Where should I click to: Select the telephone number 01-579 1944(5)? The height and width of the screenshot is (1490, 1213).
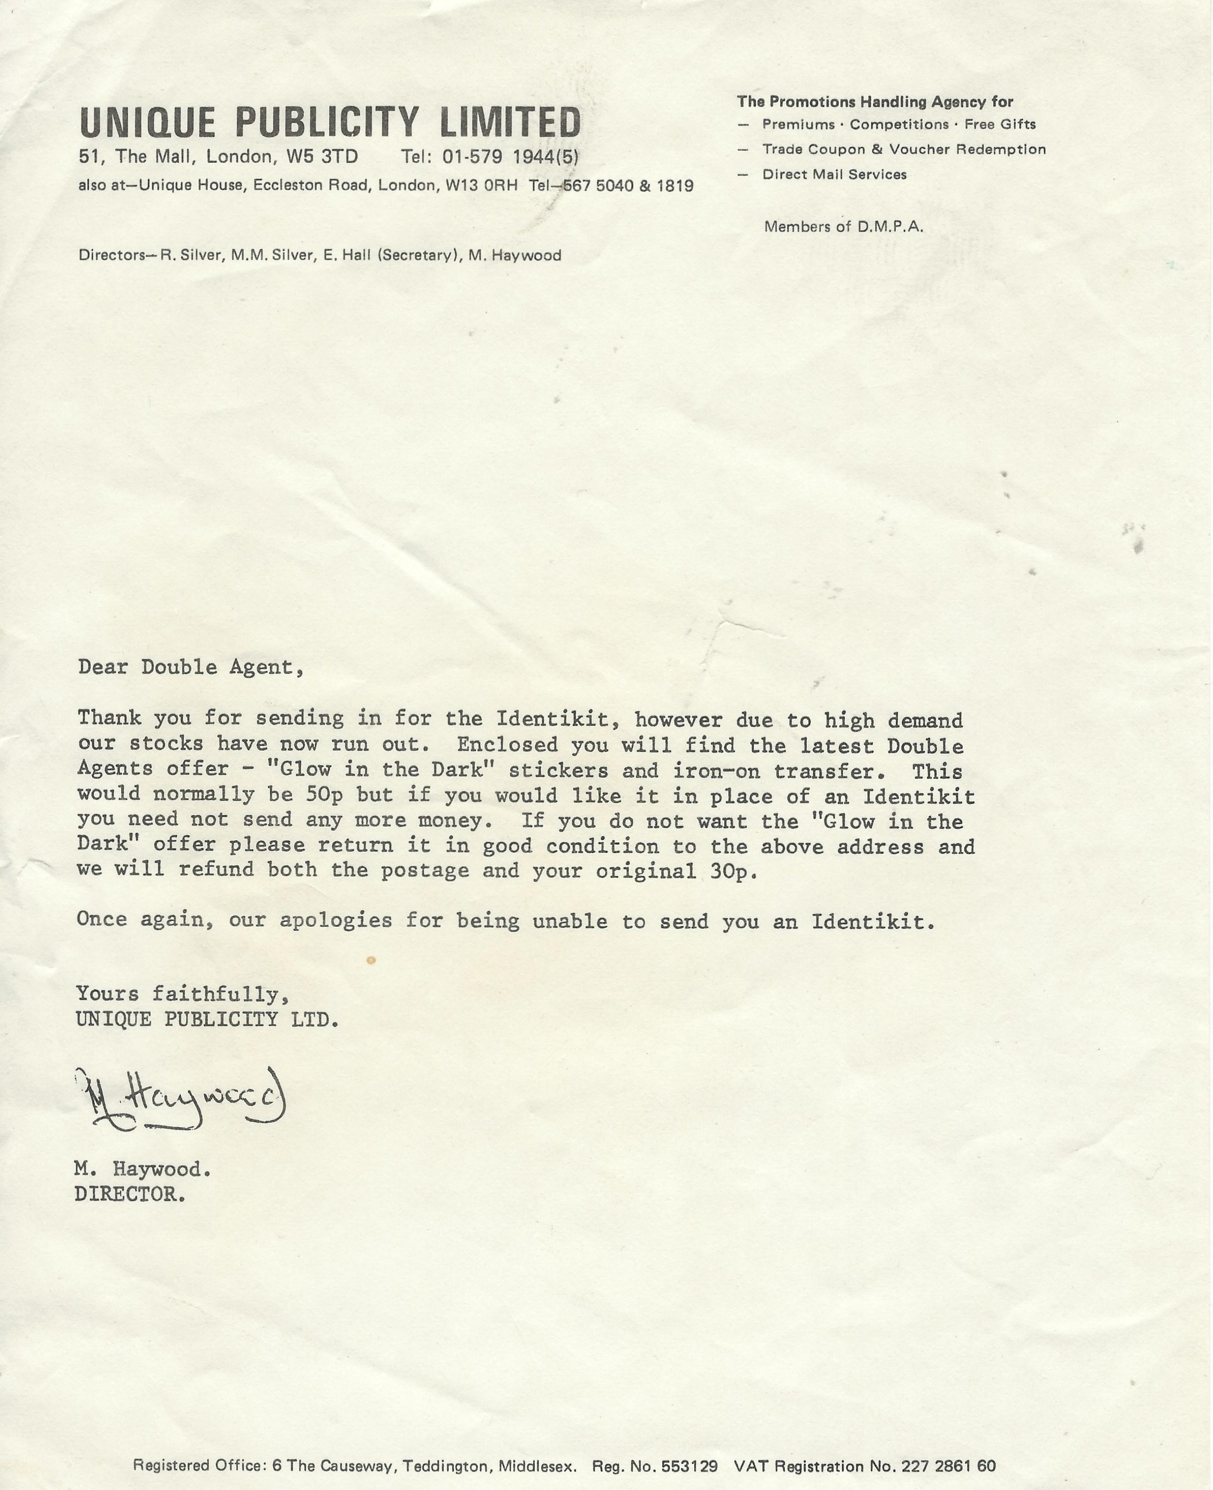[x=510, y=157]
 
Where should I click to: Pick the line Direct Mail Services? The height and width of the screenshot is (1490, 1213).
[x=834, y=175]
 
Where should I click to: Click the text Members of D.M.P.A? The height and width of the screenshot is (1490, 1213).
[x=843, y=226]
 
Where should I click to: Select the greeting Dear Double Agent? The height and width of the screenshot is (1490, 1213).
[x=191, y=667]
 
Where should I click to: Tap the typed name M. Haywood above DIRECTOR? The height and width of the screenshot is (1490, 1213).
[x=143, y=1169]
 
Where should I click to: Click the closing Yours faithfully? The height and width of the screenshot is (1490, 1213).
[x=182, y=993]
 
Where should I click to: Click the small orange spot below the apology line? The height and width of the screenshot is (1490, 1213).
[x=372, y=960]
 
